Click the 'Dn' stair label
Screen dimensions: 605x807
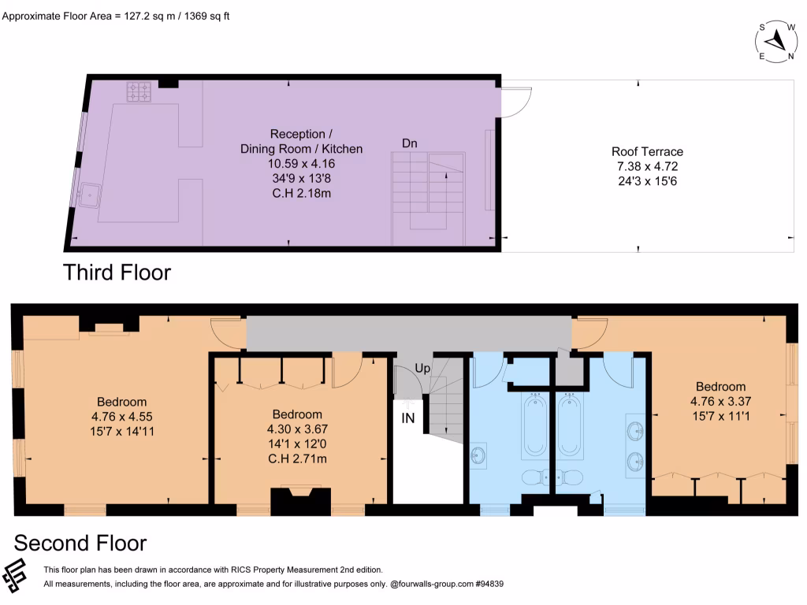(410, 143)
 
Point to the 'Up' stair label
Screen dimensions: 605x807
(422, 369)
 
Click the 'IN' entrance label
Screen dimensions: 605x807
(408, 418)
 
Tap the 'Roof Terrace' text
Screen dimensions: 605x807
(647, 152)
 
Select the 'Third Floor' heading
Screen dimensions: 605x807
(117, 273)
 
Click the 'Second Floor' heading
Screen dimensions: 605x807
(80, 543)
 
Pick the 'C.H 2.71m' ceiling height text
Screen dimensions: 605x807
(297, 458)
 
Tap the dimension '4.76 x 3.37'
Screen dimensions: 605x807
(720, 401)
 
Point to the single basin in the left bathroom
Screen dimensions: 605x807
(478, 455)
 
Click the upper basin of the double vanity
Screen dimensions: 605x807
(636, 430)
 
